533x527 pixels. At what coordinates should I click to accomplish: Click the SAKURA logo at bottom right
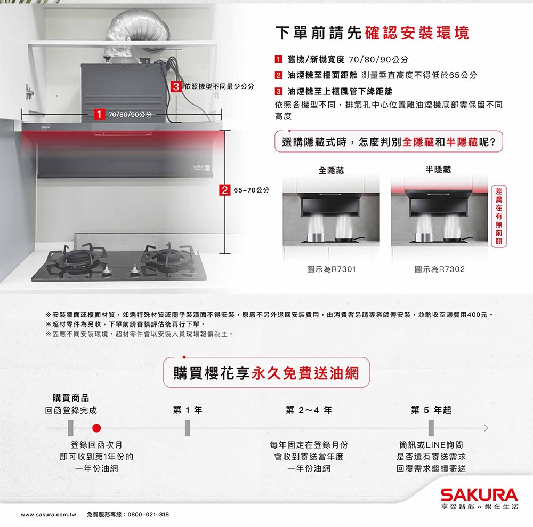click(x=478, y=494)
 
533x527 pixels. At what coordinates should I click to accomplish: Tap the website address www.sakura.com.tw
click(x=49, y=514)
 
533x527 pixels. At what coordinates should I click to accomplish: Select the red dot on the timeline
click(x=96, y=428)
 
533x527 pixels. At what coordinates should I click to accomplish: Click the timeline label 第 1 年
click(x=188, y=410)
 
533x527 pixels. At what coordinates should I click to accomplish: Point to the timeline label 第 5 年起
click(x=431, y=410)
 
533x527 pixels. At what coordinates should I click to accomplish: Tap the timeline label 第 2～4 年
click(x=309, y=410)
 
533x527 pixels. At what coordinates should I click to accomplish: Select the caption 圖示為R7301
click(x=331, y=269)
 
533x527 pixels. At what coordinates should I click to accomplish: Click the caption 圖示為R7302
click(x=439, y=269)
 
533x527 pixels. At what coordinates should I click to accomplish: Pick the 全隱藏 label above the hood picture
click(x=331, y=170)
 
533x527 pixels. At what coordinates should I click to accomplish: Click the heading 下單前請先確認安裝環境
click(x=372, y=33)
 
